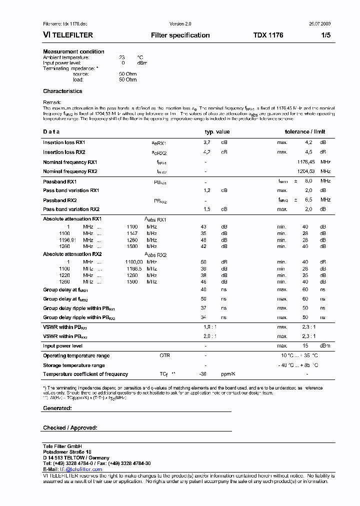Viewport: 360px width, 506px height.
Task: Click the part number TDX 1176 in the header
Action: (x=267, y=35)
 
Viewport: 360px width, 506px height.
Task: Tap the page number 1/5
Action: (x=325, y=35)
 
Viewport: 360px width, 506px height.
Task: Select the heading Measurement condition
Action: (x=73, y=51)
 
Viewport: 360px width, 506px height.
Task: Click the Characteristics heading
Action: (x=62, y=91)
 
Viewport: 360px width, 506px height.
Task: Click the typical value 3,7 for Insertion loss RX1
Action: (x=206, y=142)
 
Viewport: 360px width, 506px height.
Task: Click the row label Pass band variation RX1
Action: (x=71, y=190)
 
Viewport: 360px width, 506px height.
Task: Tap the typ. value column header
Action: (x=217, y=132)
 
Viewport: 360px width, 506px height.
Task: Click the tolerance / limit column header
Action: (x=304, y=132)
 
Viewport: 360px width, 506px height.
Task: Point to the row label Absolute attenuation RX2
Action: (x=72, y=254)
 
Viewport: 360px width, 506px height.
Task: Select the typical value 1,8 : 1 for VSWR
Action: (x=210, y=327)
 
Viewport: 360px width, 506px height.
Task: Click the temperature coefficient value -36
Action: (x=203, y=374)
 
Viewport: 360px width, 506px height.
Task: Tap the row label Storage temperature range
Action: (x=73, y=365)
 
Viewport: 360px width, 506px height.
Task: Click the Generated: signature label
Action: (x=57, y=408)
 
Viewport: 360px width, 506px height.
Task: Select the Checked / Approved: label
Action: (x=70, y=428)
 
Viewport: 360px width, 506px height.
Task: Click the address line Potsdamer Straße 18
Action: (x=67, y=452)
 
